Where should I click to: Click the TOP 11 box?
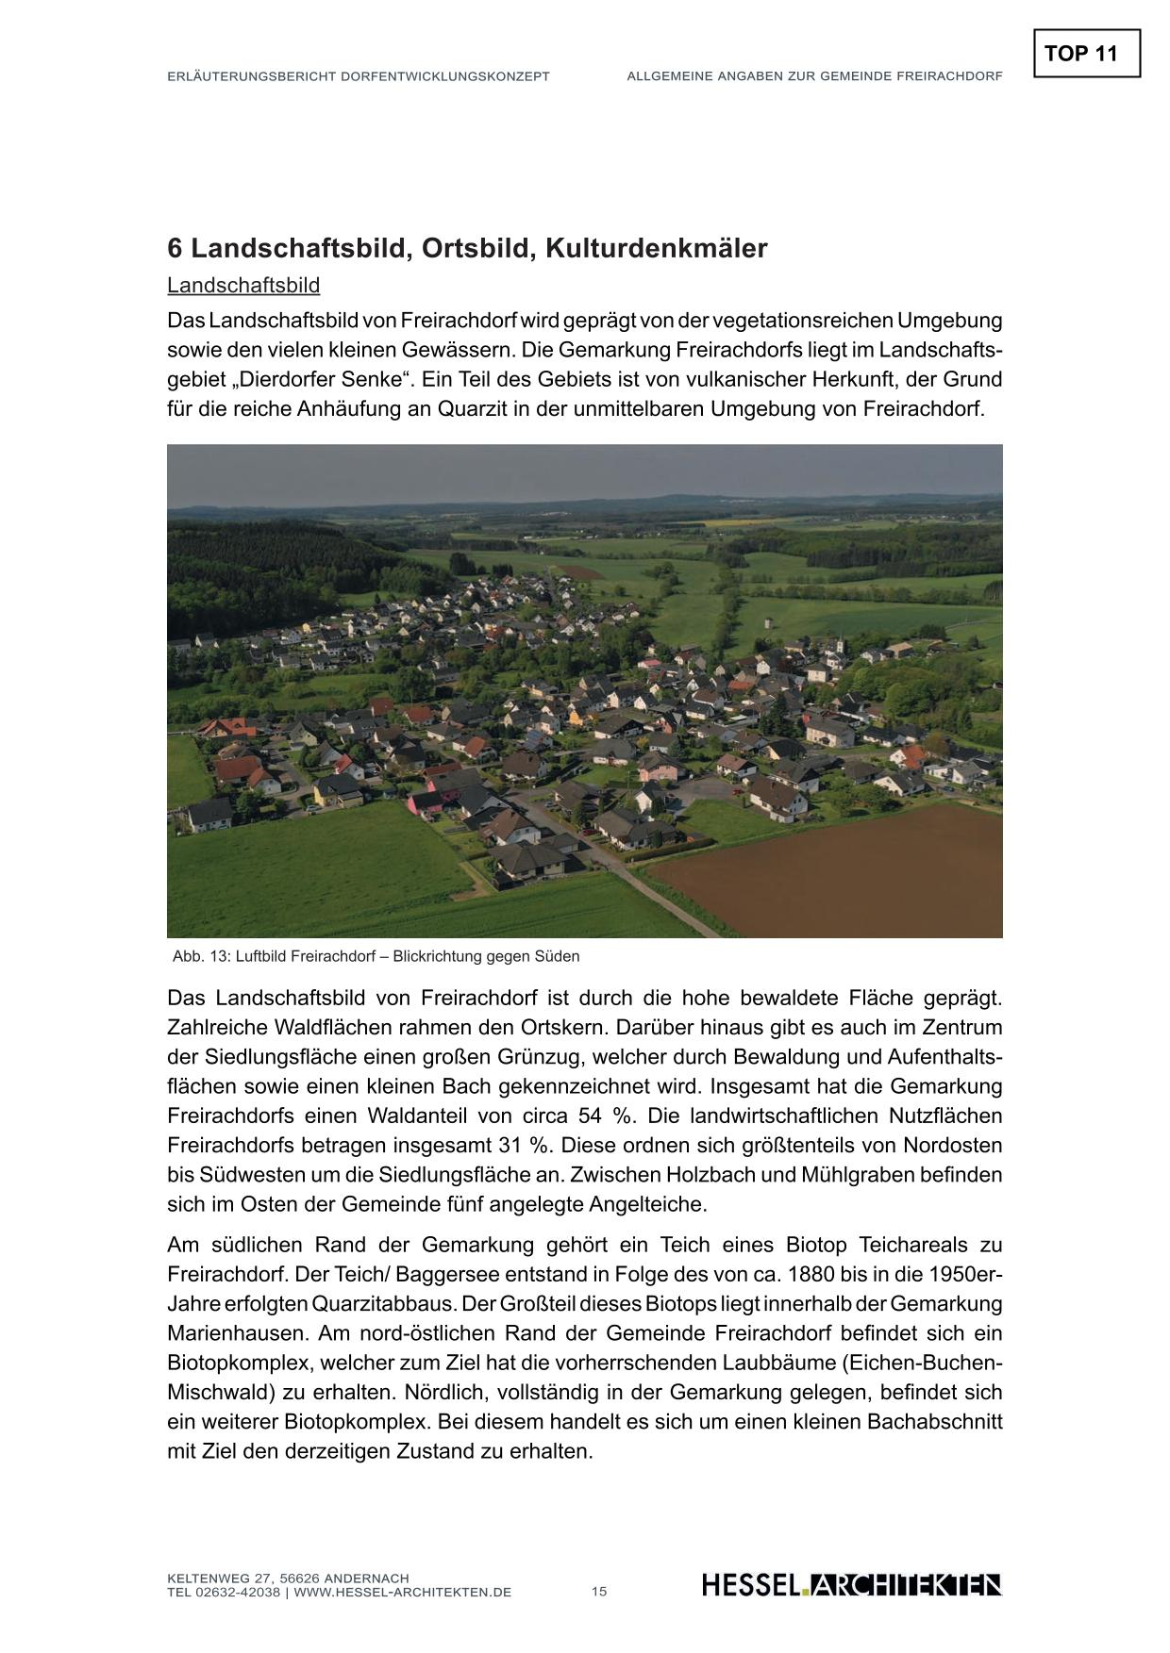(1086, 54)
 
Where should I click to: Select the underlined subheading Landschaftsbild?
(243, 285)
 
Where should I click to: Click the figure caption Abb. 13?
(376, 956)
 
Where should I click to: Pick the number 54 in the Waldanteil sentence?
(590, 1116)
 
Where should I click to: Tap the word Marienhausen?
(237, 1334)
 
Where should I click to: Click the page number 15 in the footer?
(599, 1592)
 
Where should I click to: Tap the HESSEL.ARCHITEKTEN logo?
(851, 1585)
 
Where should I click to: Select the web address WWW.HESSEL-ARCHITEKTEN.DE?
(403, 1593)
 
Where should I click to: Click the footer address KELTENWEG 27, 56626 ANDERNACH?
(288, 1579)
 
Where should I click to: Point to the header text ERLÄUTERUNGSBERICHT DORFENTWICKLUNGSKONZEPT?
(358, 76)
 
